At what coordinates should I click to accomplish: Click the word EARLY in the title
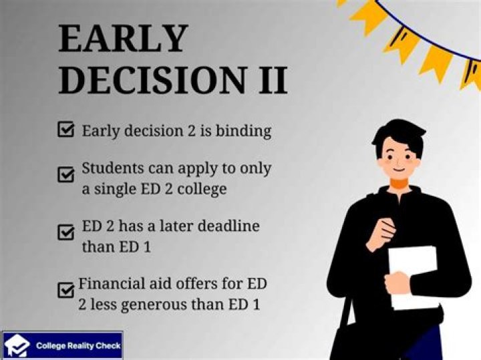pos(123,39)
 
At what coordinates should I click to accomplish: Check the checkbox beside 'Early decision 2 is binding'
pos(65,130)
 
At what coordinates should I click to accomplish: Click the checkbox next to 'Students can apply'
pos(65,176)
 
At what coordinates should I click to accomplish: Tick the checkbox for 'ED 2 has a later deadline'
pos(65,233)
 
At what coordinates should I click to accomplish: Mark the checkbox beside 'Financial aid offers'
pos(65,291)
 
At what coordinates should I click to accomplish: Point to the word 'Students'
pos(111,168)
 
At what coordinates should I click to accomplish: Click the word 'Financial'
pos(110,284)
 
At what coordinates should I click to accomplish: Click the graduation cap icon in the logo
pos(18,346)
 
